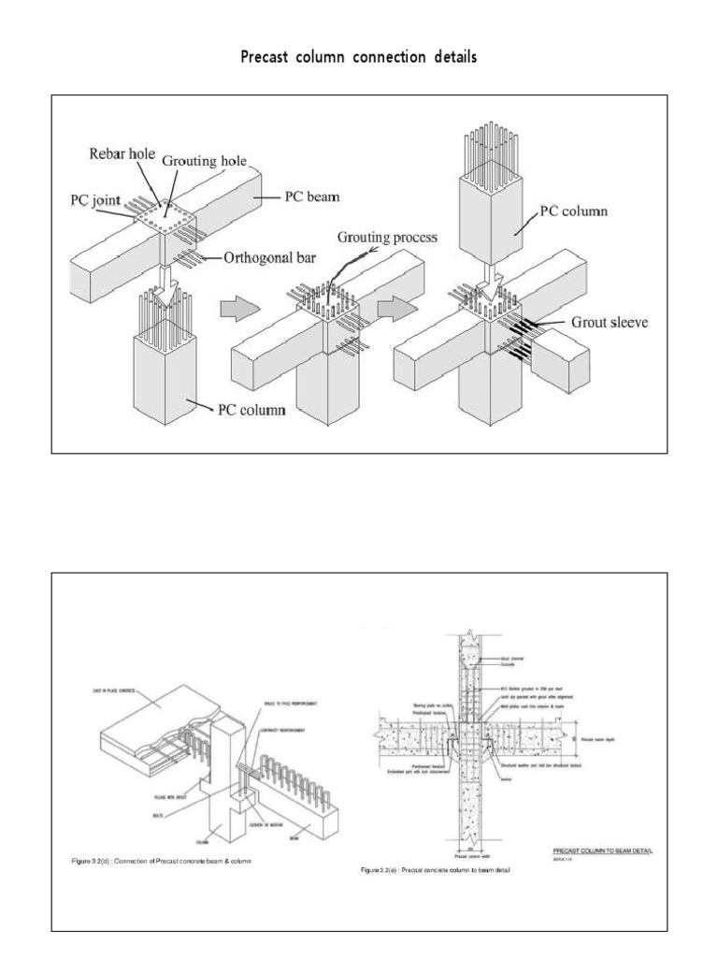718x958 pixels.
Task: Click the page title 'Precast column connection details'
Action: pyautogui.click(x=359, y=58)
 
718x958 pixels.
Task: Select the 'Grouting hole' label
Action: pyautogui.click(x=205, y=161)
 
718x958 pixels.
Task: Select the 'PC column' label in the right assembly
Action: pyautogui.click(x=573, y=211)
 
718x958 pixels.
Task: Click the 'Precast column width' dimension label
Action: pyautogui.click(x=472, y=853)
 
